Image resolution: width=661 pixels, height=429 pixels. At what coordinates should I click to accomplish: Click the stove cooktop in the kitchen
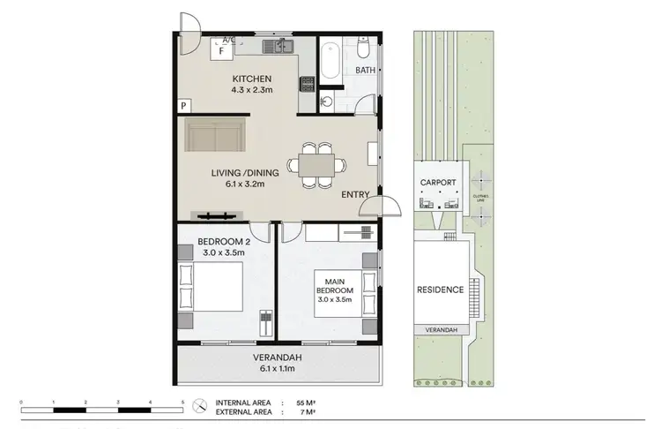click(x=308, y=85)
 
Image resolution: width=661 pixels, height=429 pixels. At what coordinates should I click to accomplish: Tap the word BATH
click(x=367, y=70)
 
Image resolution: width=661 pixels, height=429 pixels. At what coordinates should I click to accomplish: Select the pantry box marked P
click(x=183, y=106)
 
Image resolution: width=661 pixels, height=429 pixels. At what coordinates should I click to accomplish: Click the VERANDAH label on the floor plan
click(x=278, y=357)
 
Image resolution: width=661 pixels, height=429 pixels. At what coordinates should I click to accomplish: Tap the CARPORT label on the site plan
click(x=438, y=183)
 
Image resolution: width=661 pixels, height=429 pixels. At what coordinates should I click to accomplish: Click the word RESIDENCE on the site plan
click(x=440, y=290)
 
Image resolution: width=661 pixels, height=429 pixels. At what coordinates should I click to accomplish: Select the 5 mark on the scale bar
click(x=182, y=403)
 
